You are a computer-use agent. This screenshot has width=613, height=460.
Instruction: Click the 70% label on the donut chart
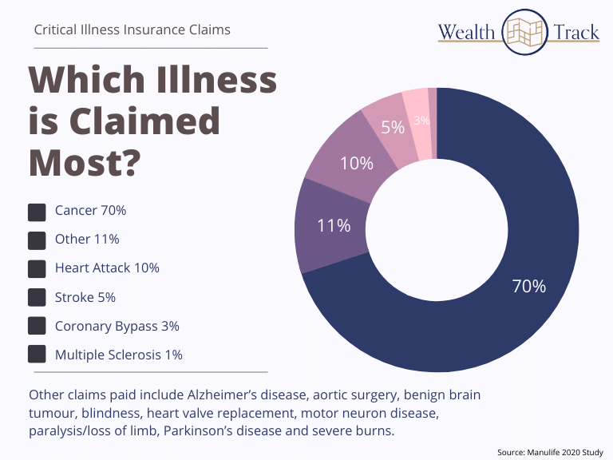pos(528,286)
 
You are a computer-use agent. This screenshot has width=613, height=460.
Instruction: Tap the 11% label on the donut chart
pos(334,225)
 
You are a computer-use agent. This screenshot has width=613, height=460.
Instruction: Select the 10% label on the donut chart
pos(356,163)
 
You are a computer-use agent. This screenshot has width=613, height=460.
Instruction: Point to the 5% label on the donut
pos(394,127)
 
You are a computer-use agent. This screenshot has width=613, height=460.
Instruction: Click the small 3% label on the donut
pos(422,121)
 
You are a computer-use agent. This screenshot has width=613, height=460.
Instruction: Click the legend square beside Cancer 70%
pos(37,212)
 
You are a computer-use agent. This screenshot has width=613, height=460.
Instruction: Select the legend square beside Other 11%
pos(37,240)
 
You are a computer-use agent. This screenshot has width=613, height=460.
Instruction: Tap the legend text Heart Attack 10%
pos(107,268)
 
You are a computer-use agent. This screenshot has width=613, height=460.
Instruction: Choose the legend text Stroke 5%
pos(85,297)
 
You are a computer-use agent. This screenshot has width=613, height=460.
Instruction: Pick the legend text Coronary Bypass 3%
pos(117,326)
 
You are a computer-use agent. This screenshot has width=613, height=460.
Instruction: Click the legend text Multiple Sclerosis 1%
pos(119,355)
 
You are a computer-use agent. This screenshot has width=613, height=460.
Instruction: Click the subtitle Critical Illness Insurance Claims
pos(132,30)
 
